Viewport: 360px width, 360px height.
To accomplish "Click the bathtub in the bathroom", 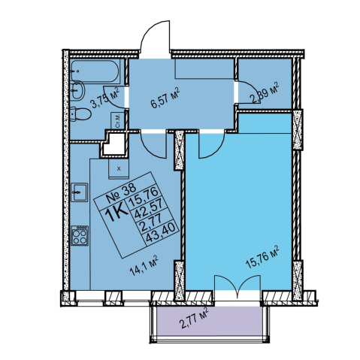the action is (x=95, y=71).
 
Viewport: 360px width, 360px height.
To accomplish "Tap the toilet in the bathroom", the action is (x=80, y=115).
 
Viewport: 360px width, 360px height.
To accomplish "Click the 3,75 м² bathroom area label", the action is (x=105, y=97).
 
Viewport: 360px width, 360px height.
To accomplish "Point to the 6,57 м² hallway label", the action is (x=165, y=98).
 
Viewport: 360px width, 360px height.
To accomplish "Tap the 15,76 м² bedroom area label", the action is (x=262, y=257).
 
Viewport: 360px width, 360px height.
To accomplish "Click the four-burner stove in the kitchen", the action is (x=80, y=235).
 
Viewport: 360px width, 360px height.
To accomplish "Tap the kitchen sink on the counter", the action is (x=79, y=192).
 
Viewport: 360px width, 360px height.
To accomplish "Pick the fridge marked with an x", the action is (x=119, y=168).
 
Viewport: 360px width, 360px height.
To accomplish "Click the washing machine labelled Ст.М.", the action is (x=117, y=121).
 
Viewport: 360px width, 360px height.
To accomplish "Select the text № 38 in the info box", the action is (x=121, y=192).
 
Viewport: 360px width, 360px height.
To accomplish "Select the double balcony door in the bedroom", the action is (x=237, y=286).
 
